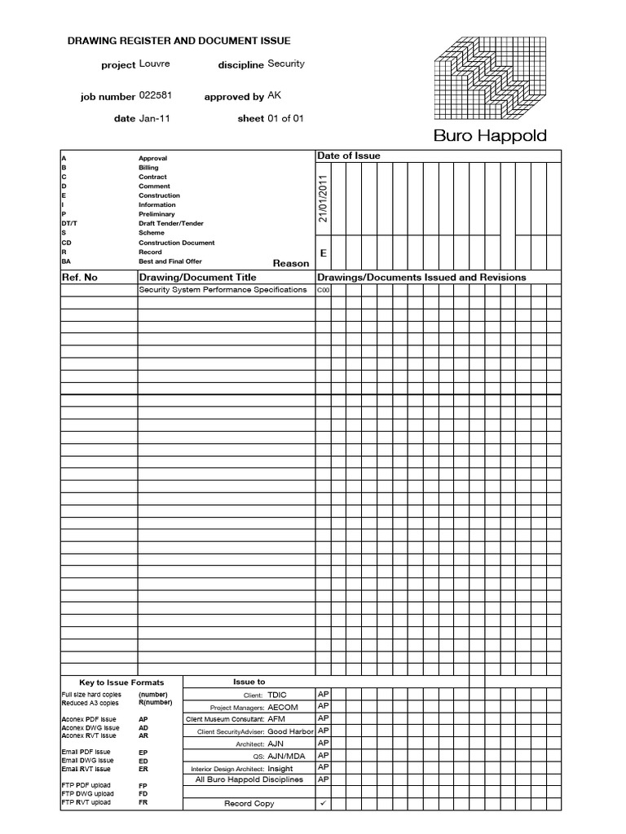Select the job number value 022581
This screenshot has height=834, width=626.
155,95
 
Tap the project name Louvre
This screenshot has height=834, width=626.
154,64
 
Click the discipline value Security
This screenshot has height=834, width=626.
286,64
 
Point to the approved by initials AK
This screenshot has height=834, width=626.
274,95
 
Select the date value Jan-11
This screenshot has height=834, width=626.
154,118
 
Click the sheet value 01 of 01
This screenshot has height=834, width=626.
285,118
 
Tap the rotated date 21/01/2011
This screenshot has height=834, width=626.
323,198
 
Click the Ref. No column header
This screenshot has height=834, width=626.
80,277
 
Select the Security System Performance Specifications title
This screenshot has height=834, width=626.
223,290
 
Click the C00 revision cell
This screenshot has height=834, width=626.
323,291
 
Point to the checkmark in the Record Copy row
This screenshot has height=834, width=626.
323,804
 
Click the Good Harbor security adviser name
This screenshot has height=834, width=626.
290,732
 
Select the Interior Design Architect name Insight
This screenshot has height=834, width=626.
280,768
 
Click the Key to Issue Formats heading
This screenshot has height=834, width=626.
121,683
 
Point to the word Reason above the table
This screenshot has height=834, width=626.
291,263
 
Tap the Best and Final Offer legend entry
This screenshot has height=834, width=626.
170,261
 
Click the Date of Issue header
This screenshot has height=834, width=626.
348,156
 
